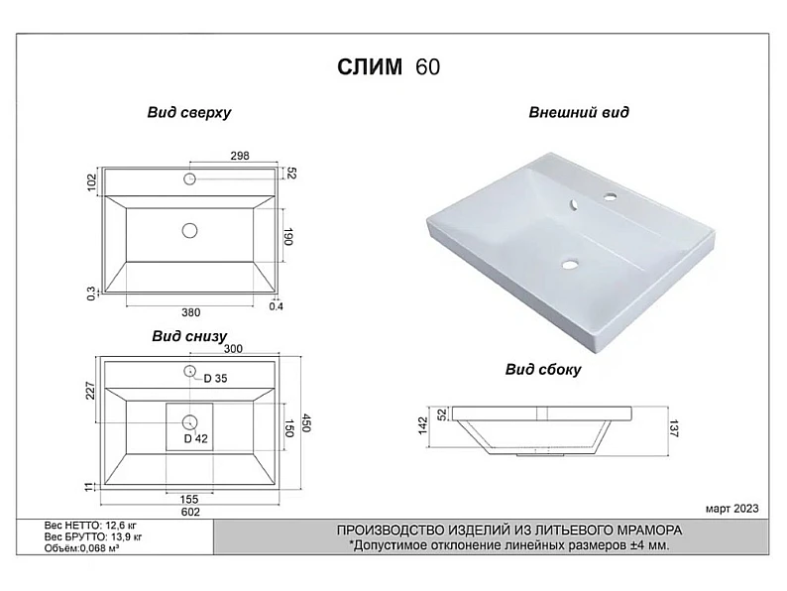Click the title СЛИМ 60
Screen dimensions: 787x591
coord(389,66)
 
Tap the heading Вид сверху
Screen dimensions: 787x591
coord(189,112)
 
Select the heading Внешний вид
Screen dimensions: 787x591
coord(579,112)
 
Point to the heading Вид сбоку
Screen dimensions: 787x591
coord(543,370)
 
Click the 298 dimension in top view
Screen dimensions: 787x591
coord(240,156)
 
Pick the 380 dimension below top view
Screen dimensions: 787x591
coord(190,312)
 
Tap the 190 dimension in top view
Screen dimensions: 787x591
coord(287,237)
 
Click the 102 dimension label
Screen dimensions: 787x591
coord(91,182)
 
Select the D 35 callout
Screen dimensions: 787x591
coord(215,379)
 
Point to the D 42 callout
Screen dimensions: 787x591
coord(195,439)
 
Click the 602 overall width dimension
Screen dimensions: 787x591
coord(190,512)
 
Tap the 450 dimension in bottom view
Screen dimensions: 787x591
coord(305,422)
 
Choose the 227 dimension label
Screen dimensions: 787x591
coord(90,391)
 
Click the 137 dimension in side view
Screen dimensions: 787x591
coord(674,428)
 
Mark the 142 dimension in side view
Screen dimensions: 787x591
coord(422,425)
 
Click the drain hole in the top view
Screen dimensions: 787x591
coord(189,230)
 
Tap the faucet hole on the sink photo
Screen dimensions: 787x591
coord(611,196)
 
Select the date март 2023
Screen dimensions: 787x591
coord(732,509)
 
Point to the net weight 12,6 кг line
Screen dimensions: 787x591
coord(90,526)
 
